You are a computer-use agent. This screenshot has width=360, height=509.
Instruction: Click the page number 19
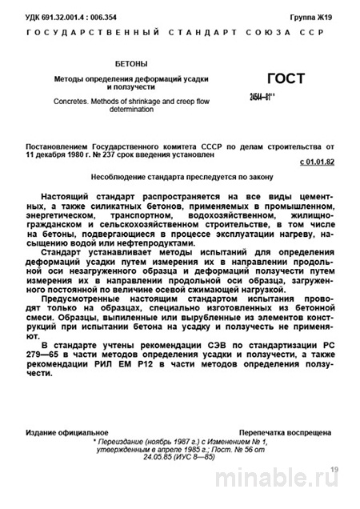click(x=334, y=469)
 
